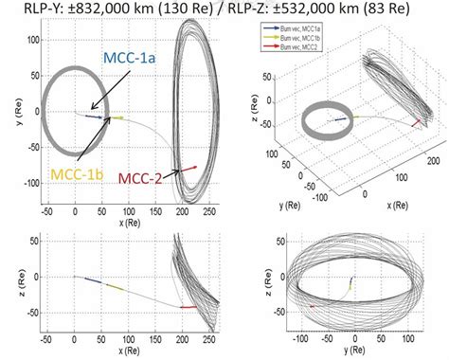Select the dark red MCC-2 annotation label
147,176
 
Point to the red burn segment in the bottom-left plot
188,306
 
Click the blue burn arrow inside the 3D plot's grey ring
337,120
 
